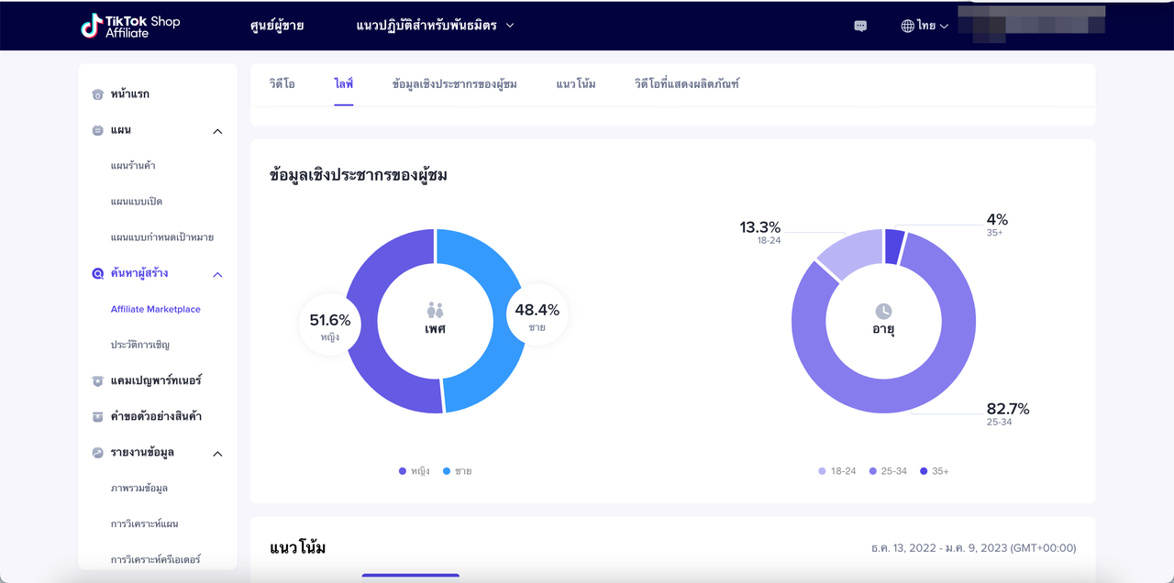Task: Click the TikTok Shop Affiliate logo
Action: click(x=130, y=26)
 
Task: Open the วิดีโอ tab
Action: click(x=282, y=84)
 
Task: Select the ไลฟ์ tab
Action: click(x=344, y=84)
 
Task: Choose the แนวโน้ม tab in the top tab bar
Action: click(x=575, y=84)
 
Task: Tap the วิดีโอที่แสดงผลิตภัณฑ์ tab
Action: click(x=686, y=84)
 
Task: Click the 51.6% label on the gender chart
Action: click(x=330, y=321)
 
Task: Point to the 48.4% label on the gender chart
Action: click(x=537, y=311)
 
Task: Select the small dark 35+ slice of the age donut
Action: click(x=894, y=247)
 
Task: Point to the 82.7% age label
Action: click(x=1007, y=409)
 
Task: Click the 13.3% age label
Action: click(x=760, y=227)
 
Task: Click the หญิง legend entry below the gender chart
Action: click(x=415, y=471)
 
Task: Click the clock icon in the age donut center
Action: click(x=883, y=312)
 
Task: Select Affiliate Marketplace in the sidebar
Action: click(x=155, y=310)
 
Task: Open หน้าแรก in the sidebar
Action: click(x=128, y=94)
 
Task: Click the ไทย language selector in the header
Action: click(x=925, y=26)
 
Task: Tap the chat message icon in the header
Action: click(x=860, y=26)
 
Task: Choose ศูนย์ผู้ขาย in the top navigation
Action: click(x=276, y=26)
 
